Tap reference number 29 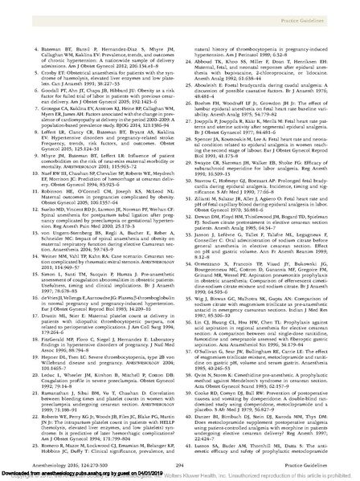pos(191,162)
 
